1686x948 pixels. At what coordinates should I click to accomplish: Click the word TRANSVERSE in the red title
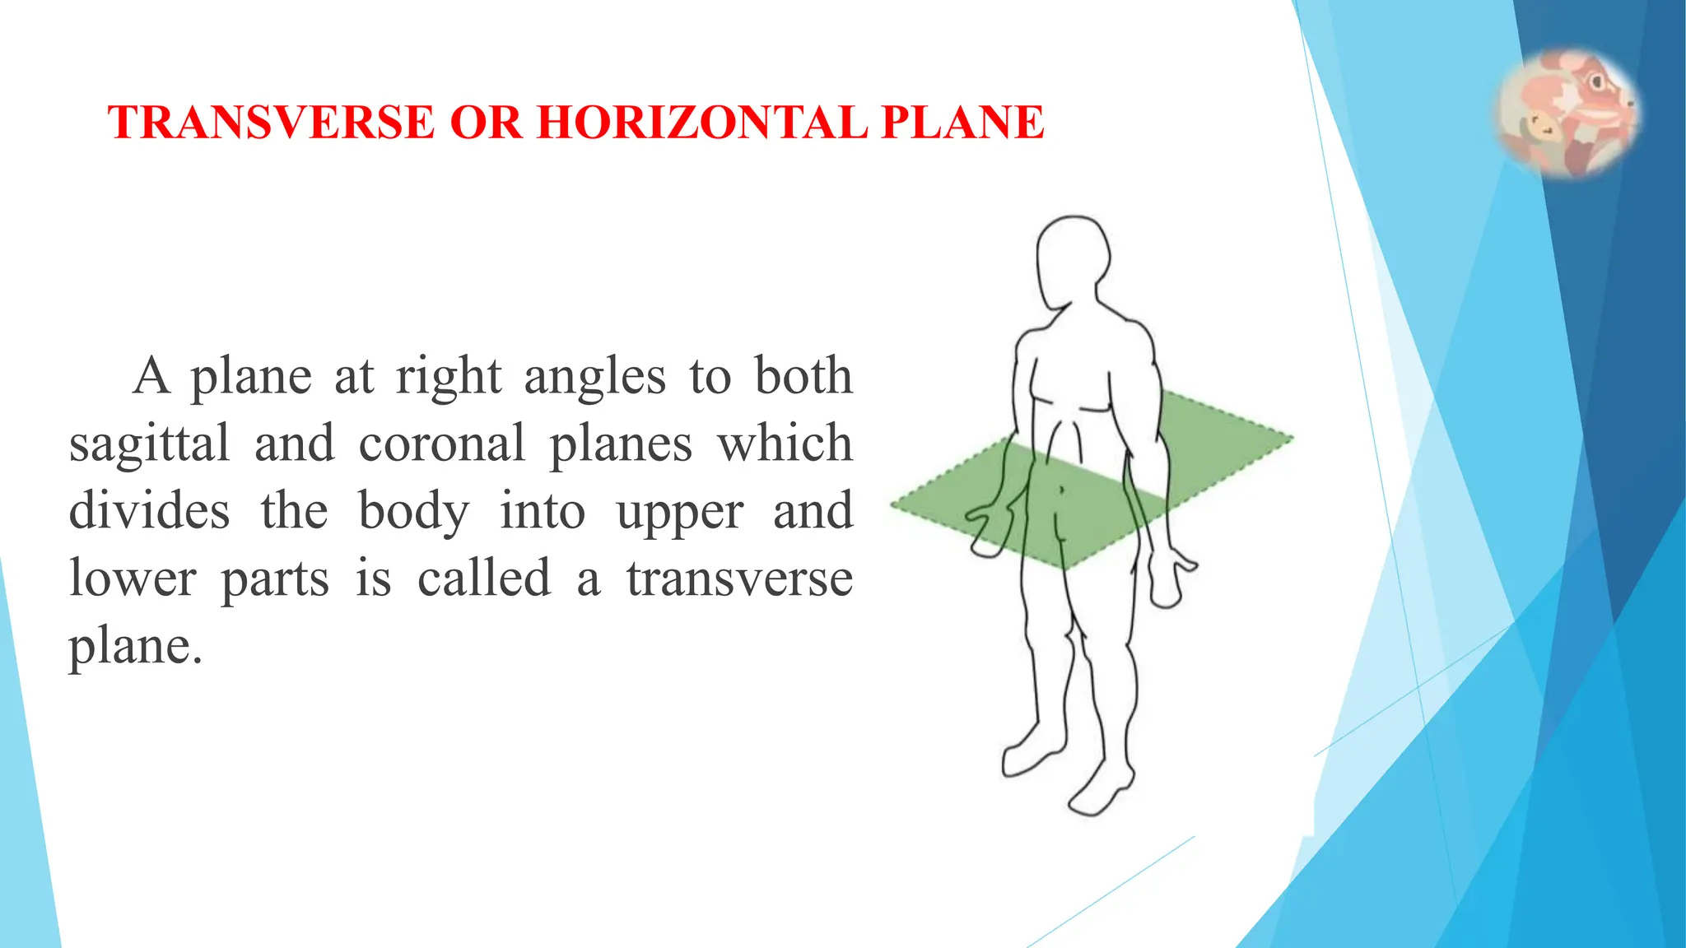click(271, 123)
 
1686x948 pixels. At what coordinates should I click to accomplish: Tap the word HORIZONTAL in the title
click(701, 123)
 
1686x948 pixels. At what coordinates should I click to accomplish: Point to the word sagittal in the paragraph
click(149, 445)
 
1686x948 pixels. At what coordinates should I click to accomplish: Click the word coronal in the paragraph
click(441, 444)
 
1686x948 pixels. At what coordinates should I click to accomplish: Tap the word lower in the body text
click(133, 579)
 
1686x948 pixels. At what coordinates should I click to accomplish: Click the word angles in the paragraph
click(594, 379)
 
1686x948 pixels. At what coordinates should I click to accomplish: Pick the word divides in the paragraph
click(149, 511)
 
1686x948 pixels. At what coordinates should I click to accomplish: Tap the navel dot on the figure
click(1061, 490)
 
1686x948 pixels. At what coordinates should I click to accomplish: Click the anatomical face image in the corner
click(1567, 113)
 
